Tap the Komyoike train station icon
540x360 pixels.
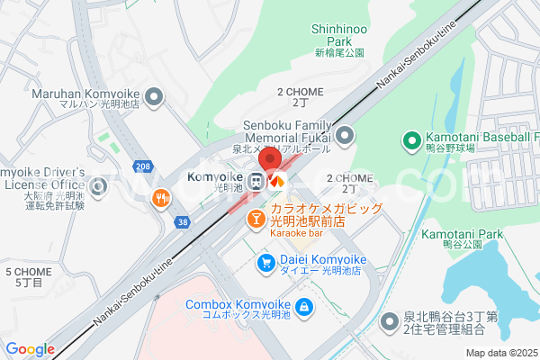pos(256,181)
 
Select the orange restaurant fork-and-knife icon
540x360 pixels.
pos(163,198)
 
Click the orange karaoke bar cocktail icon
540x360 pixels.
pos(256,217)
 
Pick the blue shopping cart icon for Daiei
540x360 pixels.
pos(266,263)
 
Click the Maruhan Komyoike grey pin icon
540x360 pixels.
pos(154,96)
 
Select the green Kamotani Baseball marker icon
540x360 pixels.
pos(412,139)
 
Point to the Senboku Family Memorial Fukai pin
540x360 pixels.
pos(345,136)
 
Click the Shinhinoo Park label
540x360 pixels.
pos(339,35)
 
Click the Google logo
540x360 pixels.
pos(30,349)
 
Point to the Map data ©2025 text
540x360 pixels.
pos(501,353)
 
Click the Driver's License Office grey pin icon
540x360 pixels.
pos(99,187)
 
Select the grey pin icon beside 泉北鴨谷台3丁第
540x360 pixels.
pos(390,320)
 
